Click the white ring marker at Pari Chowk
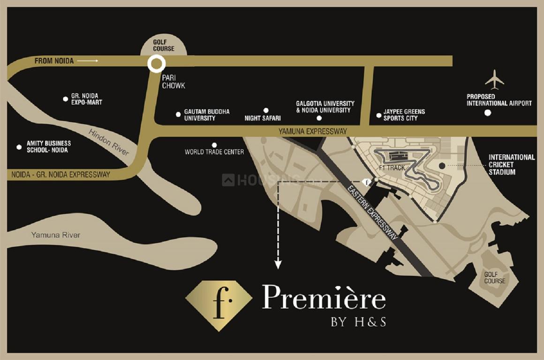155,64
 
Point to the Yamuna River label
56,235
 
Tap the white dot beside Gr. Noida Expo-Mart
66,99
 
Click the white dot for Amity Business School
19,147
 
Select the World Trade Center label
214,152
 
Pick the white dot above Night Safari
266,110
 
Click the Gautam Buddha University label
206,115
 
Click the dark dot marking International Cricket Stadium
441,166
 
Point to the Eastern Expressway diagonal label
373,213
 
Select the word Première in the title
324,298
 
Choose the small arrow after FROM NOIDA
88,61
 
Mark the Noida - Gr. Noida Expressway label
60,175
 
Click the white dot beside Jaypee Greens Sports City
379,115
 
